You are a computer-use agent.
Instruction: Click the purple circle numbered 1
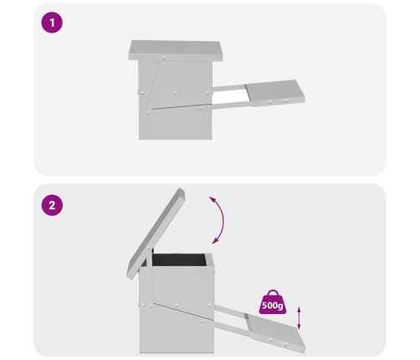tap(52, 23)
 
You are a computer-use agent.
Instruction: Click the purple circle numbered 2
tap(52, 205)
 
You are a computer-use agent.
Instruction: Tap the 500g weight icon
tap(273, 302)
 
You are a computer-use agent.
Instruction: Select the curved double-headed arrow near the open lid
tap(223, 220)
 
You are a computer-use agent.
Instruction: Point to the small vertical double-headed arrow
tap(299, 318)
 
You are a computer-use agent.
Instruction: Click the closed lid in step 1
tap(176, 50)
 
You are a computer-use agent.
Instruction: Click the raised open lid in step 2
tap(156, 234)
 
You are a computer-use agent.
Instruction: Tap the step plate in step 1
tap(274, 93)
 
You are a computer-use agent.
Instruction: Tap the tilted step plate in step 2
tap(274, 332)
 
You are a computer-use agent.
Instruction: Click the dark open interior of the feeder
tap(180, 260)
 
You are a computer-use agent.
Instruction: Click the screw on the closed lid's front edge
tap(164, 58)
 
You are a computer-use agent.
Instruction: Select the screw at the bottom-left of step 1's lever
tap(148, 112)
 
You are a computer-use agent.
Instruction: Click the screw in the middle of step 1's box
tap(175, 93)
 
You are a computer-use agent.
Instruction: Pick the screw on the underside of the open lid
tap(150, 248)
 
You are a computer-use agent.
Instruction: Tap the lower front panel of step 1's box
tap(176, 123)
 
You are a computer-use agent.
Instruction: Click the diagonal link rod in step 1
tap(153, 85)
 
